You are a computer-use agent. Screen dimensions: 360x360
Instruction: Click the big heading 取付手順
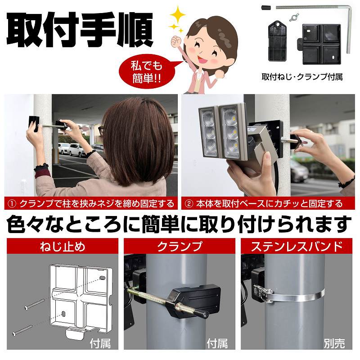[80, 29]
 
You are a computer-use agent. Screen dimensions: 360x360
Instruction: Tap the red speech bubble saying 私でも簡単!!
[147, 72]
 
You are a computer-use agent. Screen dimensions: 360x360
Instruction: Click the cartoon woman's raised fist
[177, 41]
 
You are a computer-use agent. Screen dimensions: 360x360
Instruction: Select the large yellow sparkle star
[177, 15]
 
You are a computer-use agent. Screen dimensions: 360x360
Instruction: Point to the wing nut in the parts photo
[294, 18]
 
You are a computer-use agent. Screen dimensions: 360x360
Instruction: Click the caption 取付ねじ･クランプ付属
[302, 76]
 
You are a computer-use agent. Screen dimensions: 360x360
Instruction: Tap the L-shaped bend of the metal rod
[349, 9]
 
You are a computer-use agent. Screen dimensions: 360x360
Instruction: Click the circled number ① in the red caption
[12, 204]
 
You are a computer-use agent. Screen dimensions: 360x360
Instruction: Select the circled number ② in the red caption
[189, 204]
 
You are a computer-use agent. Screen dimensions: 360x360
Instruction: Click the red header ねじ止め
[63, 246]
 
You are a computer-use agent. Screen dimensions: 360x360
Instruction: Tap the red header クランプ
[180, 246]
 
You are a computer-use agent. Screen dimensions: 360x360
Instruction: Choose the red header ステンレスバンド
[297, 246]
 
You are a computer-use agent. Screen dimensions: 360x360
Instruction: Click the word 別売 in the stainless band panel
[334, 344]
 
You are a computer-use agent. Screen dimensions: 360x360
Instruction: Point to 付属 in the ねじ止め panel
[100, 344]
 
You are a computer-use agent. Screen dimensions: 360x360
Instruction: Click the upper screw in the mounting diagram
[35, 304]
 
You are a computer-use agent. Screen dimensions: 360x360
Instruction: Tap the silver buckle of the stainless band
[263, 293]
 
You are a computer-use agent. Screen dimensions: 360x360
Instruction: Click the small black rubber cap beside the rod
[266, 8]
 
